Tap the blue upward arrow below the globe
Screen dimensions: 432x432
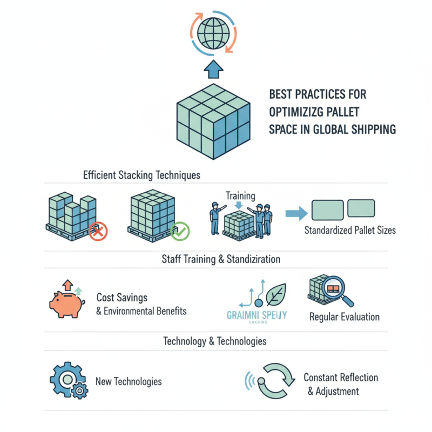[214, 69]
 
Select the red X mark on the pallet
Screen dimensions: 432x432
[98, 232]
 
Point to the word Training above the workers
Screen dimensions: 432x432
[240, 195]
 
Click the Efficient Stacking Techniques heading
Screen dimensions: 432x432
[141, 175]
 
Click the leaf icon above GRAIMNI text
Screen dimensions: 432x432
[275, 294]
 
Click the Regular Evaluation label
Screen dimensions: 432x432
[344, 317]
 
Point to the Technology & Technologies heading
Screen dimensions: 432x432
[214, 341]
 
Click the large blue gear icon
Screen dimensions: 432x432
[66, 380]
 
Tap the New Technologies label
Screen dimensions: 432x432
[128, 381]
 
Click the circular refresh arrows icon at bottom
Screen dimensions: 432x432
[275, 380]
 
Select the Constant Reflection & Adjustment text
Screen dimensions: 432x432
[340, 384]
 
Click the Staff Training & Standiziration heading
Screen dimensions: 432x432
[220, 259]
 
